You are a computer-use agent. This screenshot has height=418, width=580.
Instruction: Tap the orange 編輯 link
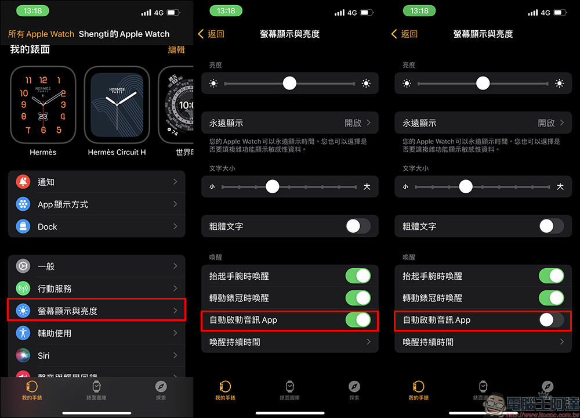(176, 49)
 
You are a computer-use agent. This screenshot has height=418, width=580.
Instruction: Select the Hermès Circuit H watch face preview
(117, 105)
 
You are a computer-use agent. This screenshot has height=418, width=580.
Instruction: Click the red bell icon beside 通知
(23, 182)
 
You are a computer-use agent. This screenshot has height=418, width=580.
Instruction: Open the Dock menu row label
(48, 226)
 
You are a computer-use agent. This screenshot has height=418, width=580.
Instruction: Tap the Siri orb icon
(23, 355)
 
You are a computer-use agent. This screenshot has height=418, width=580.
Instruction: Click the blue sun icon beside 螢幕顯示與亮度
(23, 311)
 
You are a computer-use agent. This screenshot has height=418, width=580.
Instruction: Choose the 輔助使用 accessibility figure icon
(23, 333)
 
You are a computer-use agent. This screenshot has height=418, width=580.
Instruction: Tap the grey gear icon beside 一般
(23, 266)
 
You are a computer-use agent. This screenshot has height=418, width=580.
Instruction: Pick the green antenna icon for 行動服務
(23, 289)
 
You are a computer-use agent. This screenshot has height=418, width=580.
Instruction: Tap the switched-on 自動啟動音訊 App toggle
(358, 320)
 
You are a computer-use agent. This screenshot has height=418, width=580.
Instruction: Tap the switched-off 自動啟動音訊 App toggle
(552, 320)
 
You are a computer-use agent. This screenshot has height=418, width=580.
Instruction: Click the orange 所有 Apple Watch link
(41, 34)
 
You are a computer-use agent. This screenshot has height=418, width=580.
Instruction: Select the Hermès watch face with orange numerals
(43, 105)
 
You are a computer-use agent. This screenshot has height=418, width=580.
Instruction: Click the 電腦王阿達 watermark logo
(532, 405)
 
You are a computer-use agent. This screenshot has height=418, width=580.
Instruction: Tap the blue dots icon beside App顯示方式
(23, 204)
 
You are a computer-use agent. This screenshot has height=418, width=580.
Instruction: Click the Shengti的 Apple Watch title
(124, 34)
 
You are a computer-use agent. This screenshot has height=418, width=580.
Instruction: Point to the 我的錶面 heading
(30, 49)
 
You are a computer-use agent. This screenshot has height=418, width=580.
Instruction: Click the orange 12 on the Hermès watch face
(43, 80)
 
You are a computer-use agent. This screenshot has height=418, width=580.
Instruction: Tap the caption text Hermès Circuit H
(117, 152)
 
